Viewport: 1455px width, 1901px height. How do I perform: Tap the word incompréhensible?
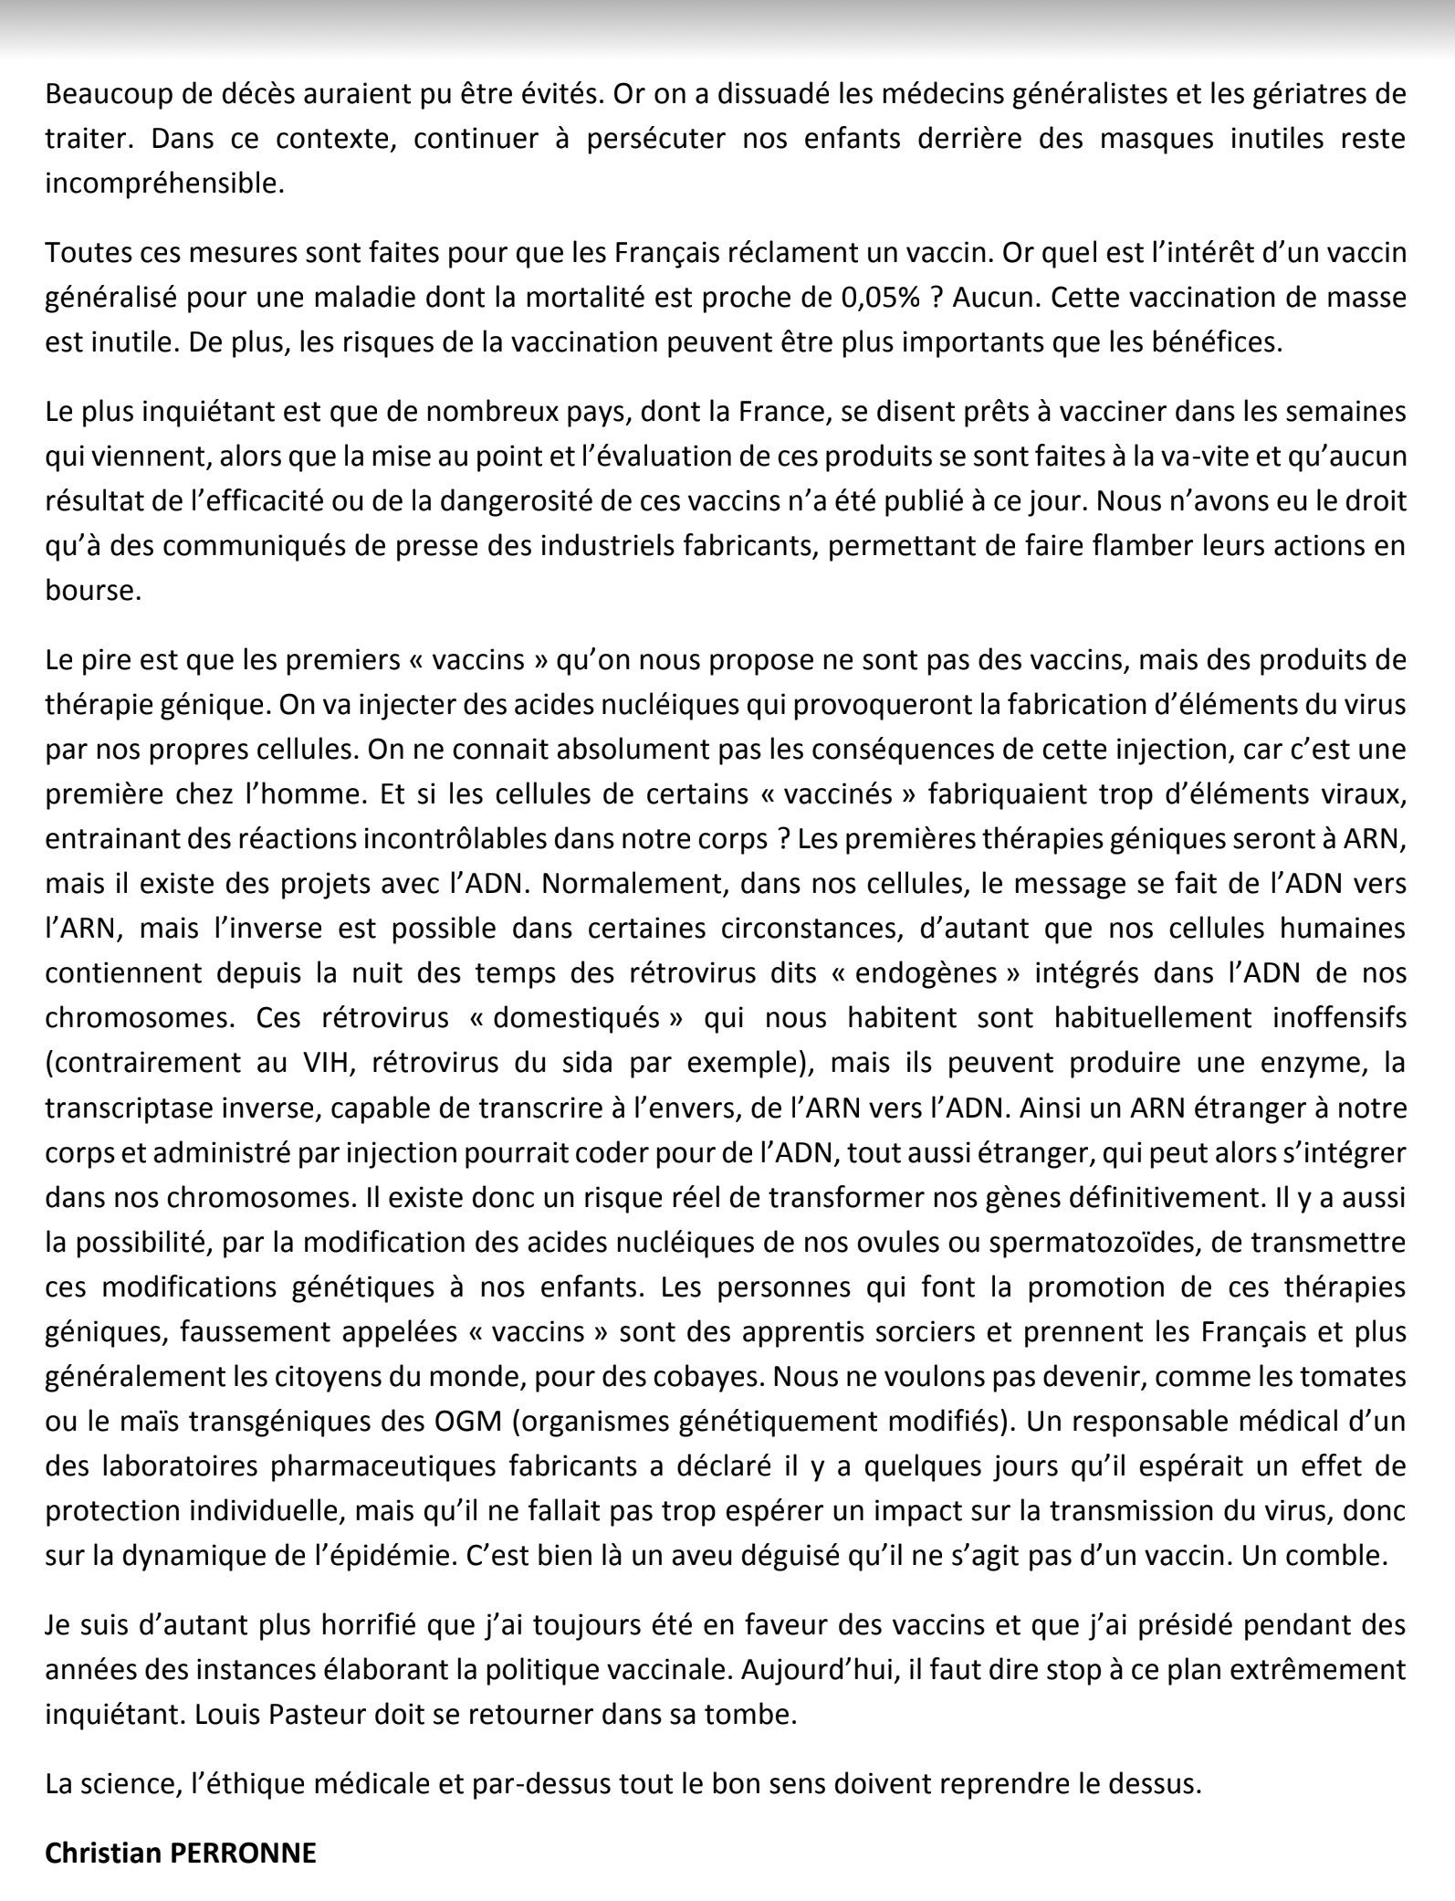[164, 184]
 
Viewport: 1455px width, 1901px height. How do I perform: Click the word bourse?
[93, 590]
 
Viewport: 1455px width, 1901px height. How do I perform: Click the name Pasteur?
[318, 1714]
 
